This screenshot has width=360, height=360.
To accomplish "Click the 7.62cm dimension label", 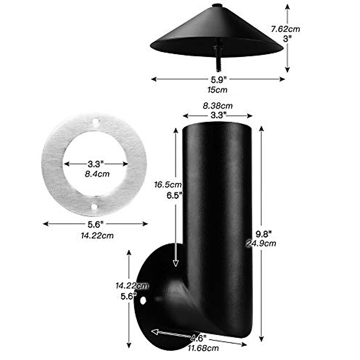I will (x=285, y=29).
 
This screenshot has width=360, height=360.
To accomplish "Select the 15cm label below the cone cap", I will (x=217, y=89).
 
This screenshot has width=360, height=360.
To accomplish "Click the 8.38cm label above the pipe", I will (x=218, y=106).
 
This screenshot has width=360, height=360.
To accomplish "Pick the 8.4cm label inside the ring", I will (x=97, y=173).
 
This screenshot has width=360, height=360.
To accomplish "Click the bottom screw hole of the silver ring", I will (x=94, y=207).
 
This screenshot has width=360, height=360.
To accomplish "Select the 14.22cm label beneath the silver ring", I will (x=97, y=235).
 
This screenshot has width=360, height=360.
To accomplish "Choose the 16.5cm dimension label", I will (x=168, y=184).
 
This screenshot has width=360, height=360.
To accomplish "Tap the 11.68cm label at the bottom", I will (x=203, y=348).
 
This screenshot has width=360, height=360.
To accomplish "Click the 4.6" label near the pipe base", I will (x=198, y=338).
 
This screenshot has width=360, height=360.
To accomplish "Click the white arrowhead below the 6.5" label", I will (x=175, y=263).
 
